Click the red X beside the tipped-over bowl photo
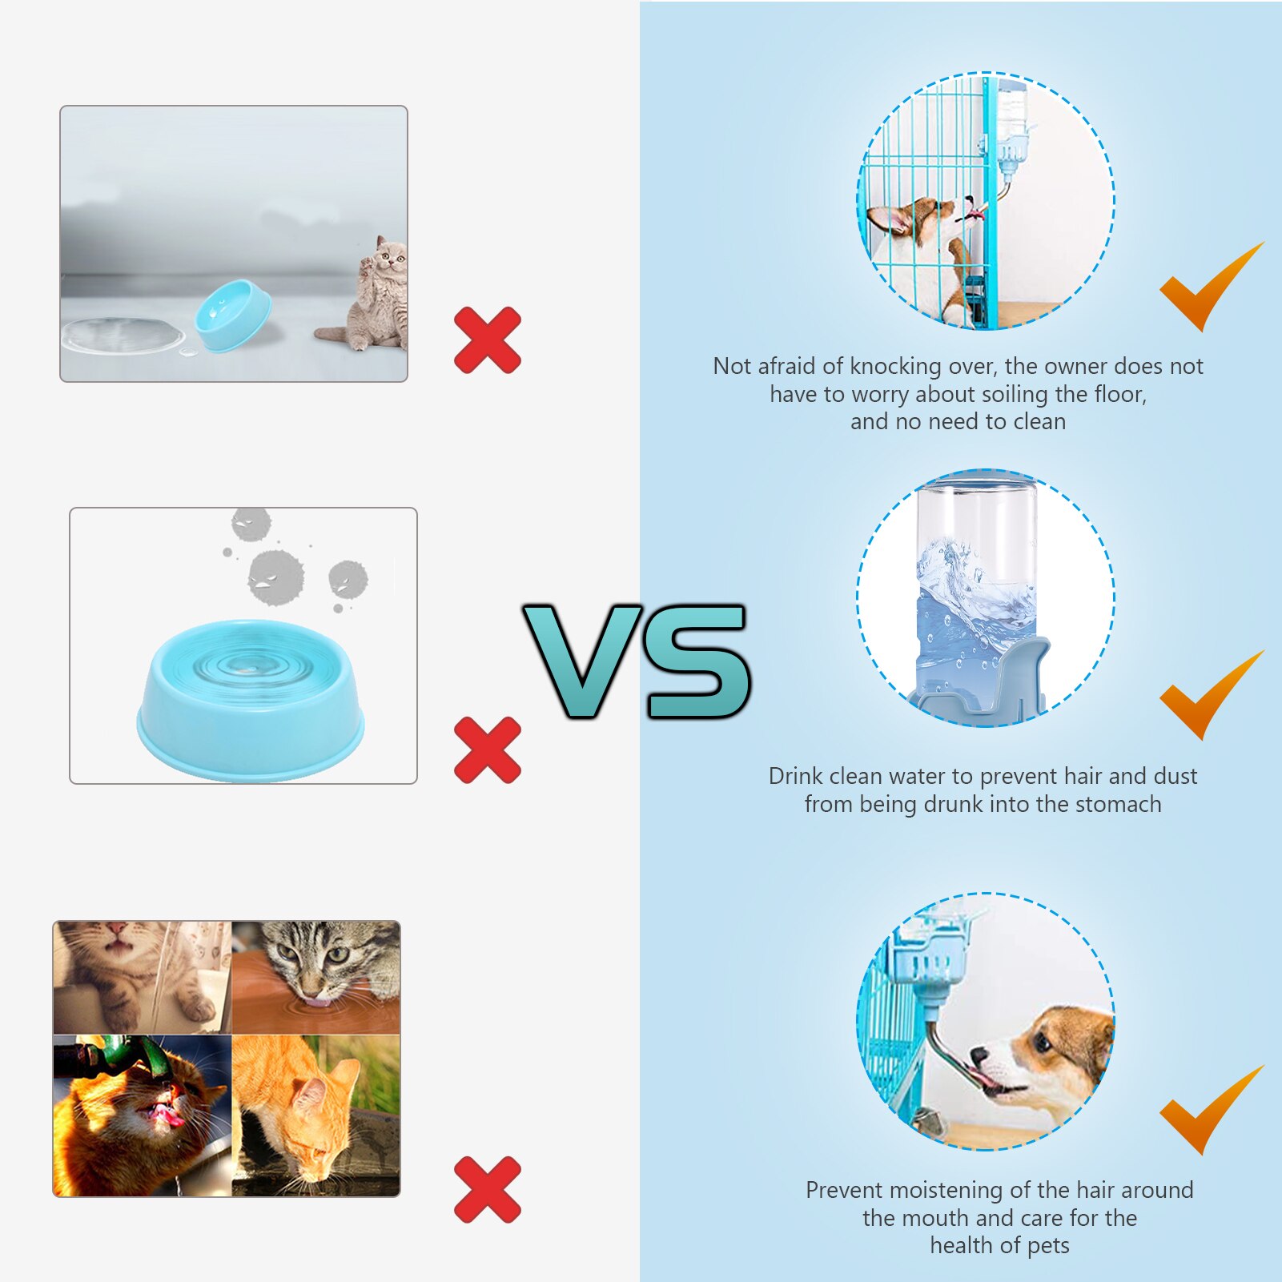487,340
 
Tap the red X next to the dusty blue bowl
487,750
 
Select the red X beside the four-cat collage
487,1189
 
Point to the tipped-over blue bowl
232,314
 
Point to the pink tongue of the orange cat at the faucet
167,1114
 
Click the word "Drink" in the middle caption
795,776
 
